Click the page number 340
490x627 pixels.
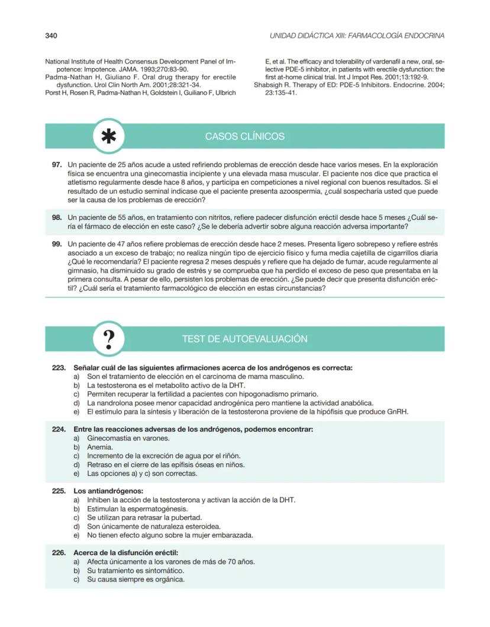pos(51,36)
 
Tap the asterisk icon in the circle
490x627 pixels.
pos(108,136)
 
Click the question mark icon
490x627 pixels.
pos(108,339)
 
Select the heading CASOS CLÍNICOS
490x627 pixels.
pos(244,136)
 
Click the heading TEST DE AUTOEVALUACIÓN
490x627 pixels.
pos(244,339)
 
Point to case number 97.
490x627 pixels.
pos(57,164)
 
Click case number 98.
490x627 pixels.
pos(57,218)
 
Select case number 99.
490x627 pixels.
pos(57,244)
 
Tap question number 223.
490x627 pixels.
pos(59,368)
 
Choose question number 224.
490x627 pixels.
pos(59,429)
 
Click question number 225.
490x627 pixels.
pos(59,491)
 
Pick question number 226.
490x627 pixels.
pos(59,553)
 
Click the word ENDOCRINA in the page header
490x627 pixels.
pos(421,36)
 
